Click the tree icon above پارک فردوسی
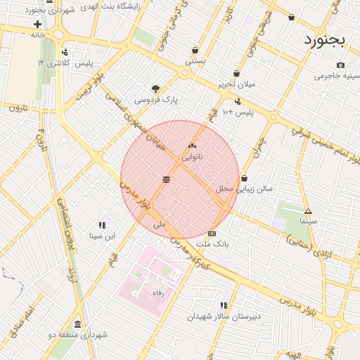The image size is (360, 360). (x=155, y=89)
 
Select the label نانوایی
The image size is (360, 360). (x=192, y=157)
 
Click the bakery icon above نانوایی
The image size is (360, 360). (x=192, y=146)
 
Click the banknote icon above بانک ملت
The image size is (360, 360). (x=212, y=233)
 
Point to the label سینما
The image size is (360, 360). (x=308, y=221)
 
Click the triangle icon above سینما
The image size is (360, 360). (x=308, y=211)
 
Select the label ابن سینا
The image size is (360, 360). (x=101, y=236)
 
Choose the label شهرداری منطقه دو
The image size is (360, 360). (x=79, y=335)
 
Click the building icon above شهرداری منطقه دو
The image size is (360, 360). (x=77, y=324)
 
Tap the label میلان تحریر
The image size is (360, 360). (x=236, y=84)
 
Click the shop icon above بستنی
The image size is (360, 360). (x=195, y=51)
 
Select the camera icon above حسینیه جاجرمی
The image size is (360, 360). (x=341, y=65)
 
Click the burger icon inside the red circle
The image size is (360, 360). (x=166, y=180)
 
